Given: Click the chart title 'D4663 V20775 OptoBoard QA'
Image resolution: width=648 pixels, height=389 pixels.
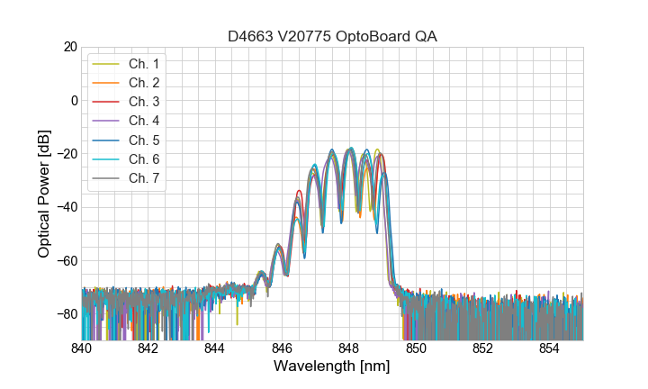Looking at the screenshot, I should coord(332,36).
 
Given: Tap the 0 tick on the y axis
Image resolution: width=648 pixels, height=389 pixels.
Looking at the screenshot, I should coord(74,100).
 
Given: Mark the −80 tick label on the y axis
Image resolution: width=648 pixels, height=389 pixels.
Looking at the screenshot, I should coord(67,314).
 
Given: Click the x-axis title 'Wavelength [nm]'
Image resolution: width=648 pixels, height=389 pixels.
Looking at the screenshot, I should coord(332,367).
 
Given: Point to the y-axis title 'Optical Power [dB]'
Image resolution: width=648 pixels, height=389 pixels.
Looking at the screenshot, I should coord(43,194).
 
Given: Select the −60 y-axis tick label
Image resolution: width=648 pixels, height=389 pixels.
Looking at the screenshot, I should coord(67,261).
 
